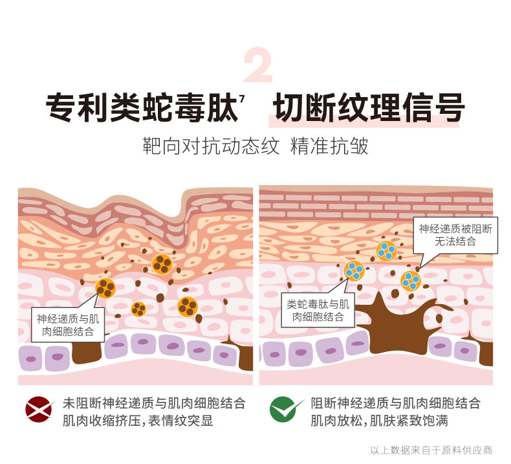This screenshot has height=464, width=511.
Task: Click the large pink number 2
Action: [258, 65]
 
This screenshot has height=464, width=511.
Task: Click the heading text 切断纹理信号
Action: [368, 107]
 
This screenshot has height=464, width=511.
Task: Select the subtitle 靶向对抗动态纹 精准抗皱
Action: [255, 146]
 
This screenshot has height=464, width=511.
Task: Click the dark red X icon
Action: [39, 410]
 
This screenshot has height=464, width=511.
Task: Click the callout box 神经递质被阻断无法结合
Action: [455, 235]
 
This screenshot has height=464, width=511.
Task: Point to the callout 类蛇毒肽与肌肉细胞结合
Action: [318, 310]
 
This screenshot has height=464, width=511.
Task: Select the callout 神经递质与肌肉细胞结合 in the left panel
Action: [68, 325]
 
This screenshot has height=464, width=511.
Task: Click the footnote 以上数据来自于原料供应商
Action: [431, 450]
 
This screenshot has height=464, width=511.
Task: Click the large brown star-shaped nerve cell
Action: [401, 326]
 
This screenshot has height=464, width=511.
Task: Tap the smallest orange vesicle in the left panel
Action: [138, 309]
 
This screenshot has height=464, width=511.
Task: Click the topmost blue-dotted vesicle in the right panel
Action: [387, 251]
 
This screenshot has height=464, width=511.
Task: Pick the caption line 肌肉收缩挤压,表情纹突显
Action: [138, 421]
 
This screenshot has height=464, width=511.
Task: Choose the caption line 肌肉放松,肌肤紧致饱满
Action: [379, 421]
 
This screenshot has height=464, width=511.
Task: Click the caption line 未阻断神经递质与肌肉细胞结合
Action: [154, 403]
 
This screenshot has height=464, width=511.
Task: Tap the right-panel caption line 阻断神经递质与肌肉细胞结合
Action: [395, 403]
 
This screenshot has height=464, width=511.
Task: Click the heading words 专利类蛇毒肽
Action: [142, 107]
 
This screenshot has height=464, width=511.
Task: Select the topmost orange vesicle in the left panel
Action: [162, 264]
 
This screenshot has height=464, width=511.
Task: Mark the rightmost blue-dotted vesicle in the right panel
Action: [411, 281]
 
